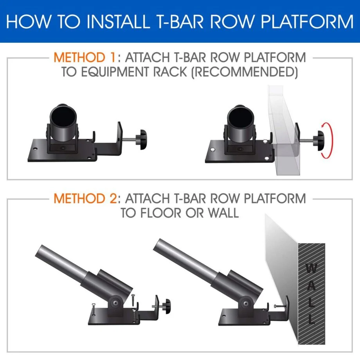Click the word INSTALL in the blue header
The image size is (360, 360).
[115, 21]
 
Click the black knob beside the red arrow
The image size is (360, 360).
[320, 140]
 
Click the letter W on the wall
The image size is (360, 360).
[311, 269]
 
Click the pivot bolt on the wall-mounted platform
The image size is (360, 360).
[245, 301]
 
